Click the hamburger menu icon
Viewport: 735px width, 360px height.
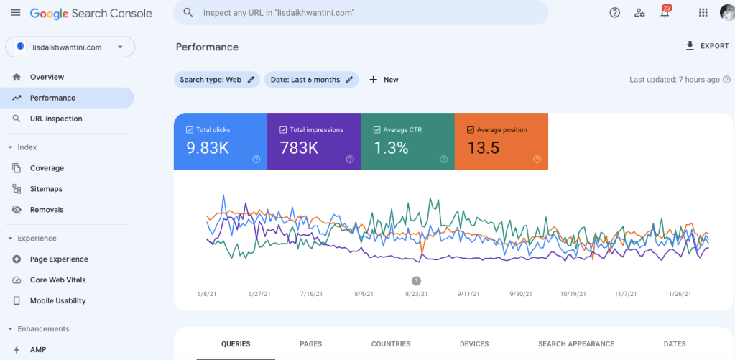[15, 13]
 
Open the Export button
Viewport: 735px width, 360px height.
[707, 46]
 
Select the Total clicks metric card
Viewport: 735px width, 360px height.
[220, 142]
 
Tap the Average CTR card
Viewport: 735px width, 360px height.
[407, 142]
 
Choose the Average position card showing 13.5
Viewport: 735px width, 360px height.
[501, 142]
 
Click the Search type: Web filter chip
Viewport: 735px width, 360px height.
[216, 80]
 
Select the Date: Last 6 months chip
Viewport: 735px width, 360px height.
[311, 80]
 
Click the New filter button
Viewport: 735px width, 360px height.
[384, 80]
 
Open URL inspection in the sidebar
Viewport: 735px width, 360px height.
[56, 119]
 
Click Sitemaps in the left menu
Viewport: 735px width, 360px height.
[46, 189]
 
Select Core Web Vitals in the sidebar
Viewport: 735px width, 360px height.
[57, 280]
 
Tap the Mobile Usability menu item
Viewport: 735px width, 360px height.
[57, 301]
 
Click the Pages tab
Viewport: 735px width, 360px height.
[310, 344]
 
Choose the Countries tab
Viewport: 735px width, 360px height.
[391, 344]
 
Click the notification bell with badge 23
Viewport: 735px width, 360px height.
[665, 12]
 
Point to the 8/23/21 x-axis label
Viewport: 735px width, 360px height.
[416, 294]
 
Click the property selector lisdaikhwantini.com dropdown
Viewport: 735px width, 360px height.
[70, 47]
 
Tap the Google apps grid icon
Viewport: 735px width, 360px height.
[703, 12]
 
